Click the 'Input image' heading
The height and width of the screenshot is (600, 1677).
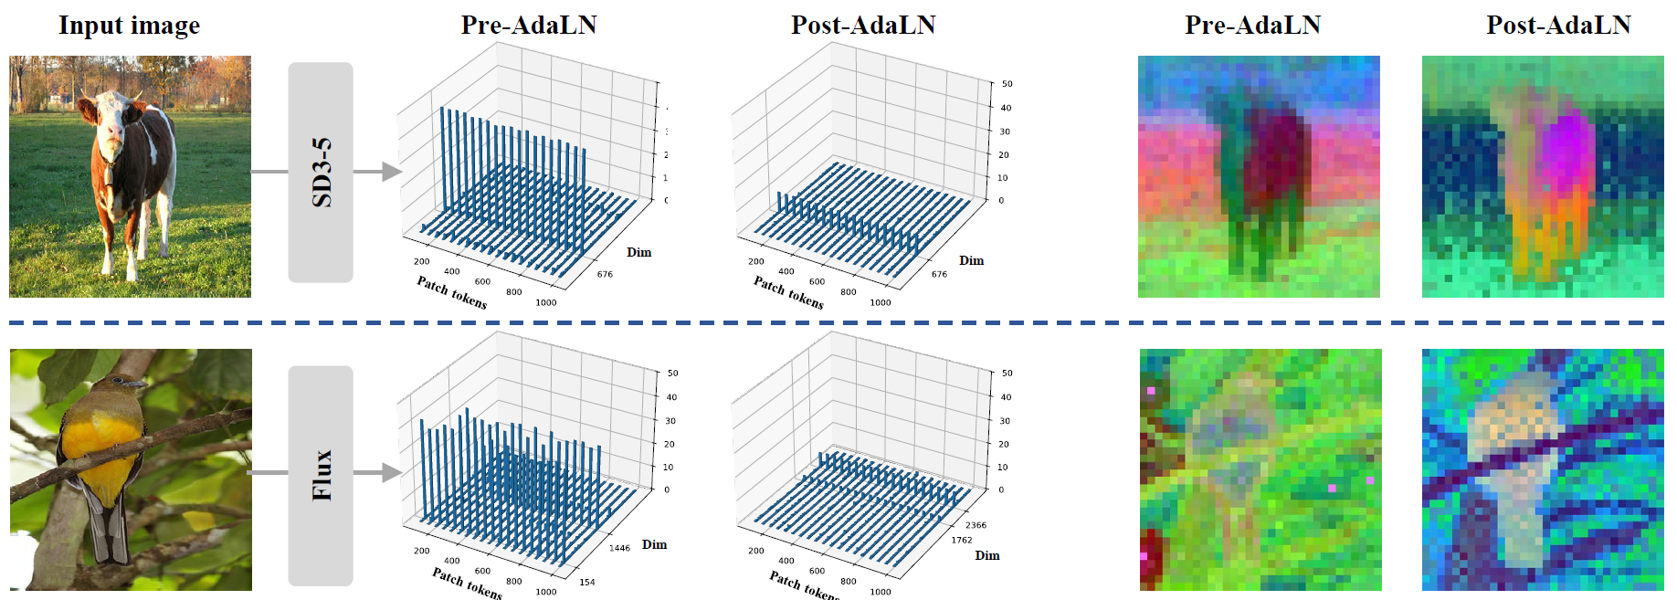pos(129,26)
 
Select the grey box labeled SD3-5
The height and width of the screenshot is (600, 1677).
pos(321,172)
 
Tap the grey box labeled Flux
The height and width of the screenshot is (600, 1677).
pos(321,475)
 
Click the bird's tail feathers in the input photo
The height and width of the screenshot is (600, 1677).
pos(111,539)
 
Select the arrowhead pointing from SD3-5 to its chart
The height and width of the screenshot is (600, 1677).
pos(391,172)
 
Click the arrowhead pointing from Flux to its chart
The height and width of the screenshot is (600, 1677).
pos(391,472)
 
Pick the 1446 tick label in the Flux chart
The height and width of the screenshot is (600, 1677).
pos(619,548)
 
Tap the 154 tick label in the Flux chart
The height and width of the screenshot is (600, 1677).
pos(587,582)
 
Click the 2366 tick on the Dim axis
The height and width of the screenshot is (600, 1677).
pos(976,525)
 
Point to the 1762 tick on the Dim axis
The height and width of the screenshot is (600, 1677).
pos(961,541)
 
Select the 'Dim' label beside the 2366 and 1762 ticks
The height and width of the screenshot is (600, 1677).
pos(986,555)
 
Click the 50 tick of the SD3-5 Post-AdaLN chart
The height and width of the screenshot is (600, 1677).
pos(1007,84)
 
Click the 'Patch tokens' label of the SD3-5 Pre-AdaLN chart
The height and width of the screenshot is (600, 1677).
pos(451,292)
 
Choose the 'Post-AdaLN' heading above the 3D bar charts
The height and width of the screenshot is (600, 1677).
pos(863,26)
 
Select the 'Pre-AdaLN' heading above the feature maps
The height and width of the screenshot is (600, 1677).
pos(1252,26)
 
